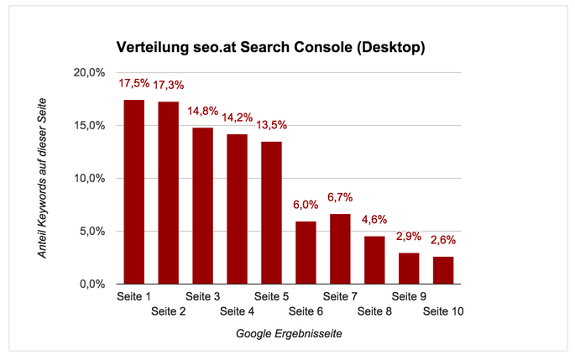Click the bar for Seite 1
coord(133,192)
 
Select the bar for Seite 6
coord(306,253)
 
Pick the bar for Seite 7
coord(340,249)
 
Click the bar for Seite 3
coord(202,206)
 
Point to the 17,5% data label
coord(134,84)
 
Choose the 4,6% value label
coord(374,221)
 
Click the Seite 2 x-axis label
coord(169,312)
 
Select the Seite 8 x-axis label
coord(375,312)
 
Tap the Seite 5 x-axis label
coord(271,296)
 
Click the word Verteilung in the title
coord(149,47)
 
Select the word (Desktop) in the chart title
coord(387,47)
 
